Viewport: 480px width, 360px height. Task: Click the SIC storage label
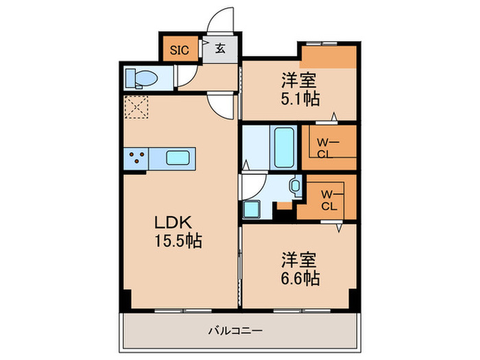179,49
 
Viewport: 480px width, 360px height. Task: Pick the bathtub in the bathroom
283,147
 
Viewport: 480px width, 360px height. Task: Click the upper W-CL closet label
325,147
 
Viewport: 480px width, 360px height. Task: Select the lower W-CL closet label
328,199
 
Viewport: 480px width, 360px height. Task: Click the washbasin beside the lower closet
296,185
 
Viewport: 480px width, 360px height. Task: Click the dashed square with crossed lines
136,107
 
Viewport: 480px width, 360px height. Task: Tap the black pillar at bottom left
125,299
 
